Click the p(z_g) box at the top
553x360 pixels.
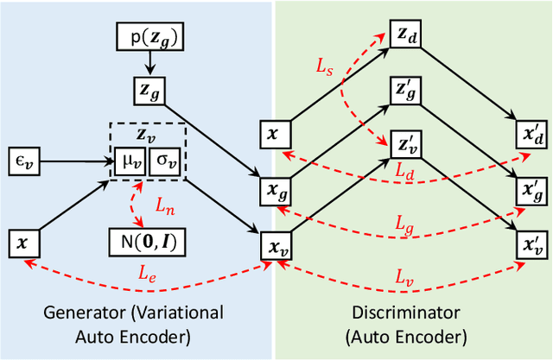point(150,37)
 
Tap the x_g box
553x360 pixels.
point(276,190)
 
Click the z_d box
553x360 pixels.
point(404,34)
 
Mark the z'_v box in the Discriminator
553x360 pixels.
point(404,143)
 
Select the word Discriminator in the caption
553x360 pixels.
point(413,313)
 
